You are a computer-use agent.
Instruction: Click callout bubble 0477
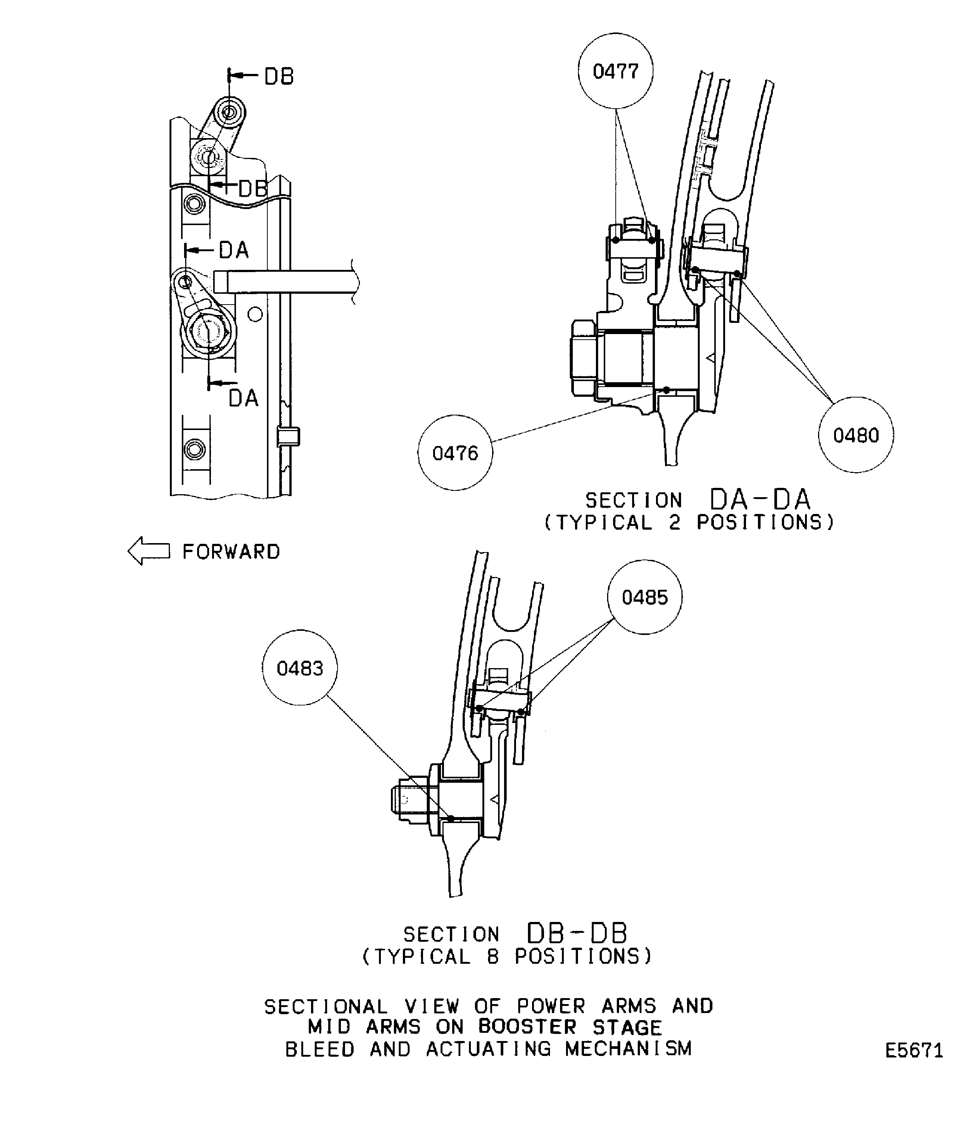(x=616, y=71)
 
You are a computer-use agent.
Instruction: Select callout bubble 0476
(x=455, y=453)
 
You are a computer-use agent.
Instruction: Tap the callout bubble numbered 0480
(x=856, y=435)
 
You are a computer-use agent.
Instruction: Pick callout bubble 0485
(x=645, y=597)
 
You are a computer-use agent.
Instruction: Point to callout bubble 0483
(x=300, y=667)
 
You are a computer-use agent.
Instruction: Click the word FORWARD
(x=231, y=552)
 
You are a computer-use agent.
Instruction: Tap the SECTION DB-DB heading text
(x=516, y=934)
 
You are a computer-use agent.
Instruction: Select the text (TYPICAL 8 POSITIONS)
(x=507, y=956)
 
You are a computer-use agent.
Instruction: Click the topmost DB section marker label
(x=279, y=77)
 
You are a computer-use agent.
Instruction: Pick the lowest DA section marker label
(x=243, y=398)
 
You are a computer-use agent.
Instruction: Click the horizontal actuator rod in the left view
(x=286, y=282)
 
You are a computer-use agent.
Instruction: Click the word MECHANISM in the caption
(x=628, y=1049)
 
